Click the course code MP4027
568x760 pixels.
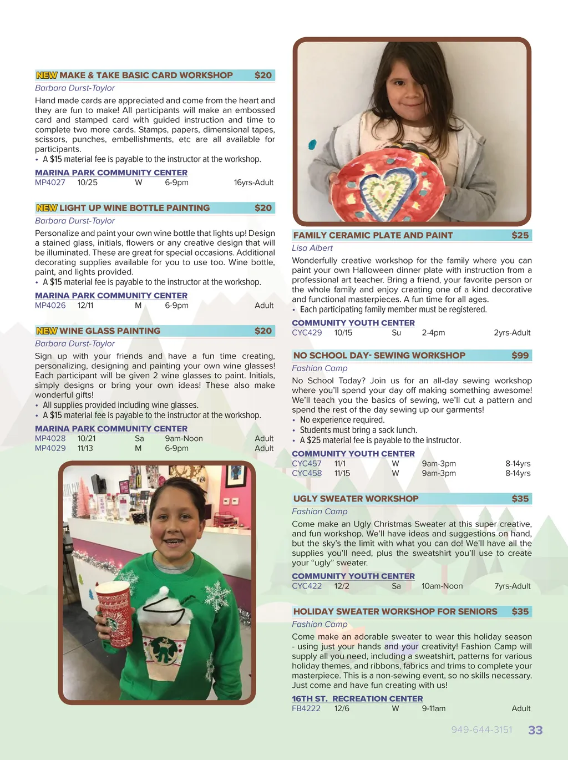point(50,183)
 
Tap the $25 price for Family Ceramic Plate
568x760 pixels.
point(520,235)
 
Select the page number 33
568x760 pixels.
point(535,730)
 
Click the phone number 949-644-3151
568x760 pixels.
point(481,730)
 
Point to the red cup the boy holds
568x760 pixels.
point(114,614)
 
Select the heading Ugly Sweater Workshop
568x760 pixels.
point(356,499)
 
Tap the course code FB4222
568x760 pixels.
point(306,708)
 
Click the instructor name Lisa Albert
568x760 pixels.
point(312,248)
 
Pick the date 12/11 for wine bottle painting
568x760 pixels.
point(85,306)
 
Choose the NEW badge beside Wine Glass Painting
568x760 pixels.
point(47,331)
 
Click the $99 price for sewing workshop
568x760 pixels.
point(520,356)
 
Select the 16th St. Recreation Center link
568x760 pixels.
point(357,699)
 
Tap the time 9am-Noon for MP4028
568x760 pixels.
point(184,439)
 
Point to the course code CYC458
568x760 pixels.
point(307,473)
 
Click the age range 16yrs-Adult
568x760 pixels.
point(253,183)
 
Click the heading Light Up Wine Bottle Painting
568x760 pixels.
point(134,208)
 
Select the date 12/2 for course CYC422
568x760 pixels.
point(342,586)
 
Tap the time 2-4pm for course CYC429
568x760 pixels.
point(433,333)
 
